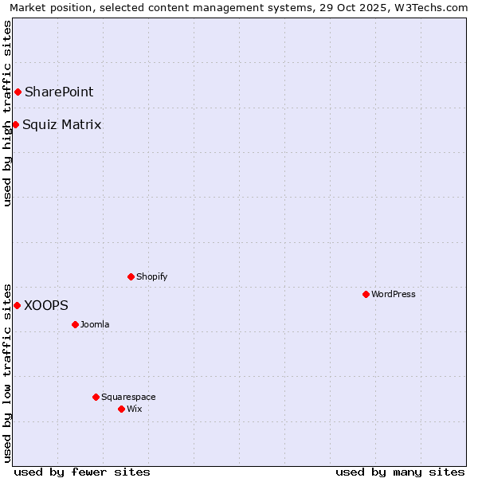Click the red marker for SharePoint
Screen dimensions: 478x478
pos(18,92)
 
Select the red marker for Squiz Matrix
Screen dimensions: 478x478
pos(15,124)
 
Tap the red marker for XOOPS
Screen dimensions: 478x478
pos(17,305)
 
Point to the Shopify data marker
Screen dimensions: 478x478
pos(131,276)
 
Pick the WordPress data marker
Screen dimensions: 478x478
pos(366,294)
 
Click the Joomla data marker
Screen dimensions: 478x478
pos(75,324)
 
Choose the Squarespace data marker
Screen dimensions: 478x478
pos(96,397)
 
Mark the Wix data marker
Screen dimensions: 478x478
pos(121,409)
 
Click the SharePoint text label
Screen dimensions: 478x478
pos(59,92)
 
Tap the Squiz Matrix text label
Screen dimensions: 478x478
pos(62,124)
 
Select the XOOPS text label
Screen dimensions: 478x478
pos(46,305)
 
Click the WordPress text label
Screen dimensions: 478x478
pos(394,294)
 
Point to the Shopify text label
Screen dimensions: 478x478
pos(152,276)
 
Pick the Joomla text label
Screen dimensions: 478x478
pos(95,324)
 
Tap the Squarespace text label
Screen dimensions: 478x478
pos(128,397)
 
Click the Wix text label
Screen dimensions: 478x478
pos(135,409)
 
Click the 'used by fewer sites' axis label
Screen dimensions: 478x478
pos(82,472)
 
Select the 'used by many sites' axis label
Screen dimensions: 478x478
pos(400,472)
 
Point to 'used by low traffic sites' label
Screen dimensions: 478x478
pos(8,372)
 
